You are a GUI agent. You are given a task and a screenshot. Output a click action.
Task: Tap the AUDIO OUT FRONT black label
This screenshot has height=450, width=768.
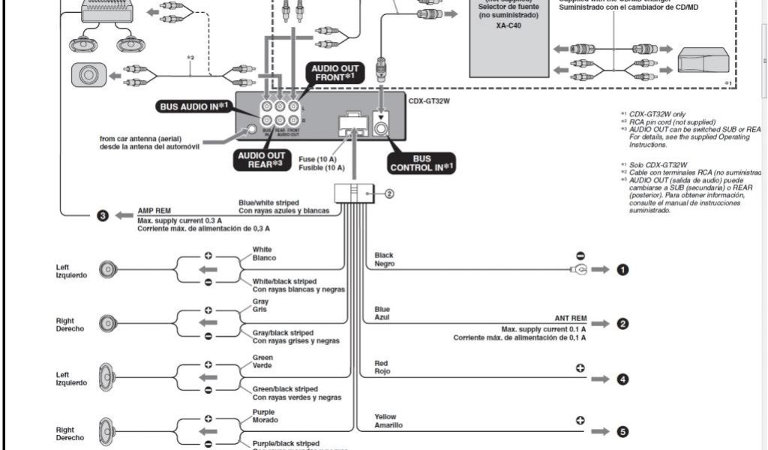coord(334,73)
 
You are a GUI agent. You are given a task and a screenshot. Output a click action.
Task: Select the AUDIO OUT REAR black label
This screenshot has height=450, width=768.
coord(260,160)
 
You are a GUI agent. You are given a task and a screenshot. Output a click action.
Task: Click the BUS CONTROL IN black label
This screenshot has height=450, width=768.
coord(421,163)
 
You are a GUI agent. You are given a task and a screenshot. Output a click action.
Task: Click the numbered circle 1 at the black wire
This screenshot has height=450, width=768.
coord(622,270)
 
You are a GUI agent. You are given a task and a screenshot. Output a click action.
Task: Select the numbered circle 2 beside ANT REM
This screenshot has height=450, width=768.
coord(622,324)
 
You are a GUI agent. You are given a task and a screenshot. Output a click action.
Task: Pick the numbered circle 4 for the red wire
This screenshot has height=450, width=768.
coord(622,379)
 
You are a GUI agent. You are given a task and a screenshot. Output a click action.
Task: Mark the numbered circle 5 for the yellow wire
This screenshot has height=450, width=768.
coord(622,432)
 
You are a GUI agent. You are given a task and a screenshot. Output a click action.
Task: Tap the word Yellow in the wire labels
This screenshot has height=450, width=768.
coord(385,416)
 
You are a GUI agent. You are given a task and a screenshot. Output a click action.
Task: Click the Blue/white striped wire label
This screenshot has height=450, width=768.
coord(268,202)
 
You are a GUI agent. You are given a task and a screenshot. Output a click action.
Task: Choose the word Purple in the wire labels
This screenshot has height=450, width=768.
coord(263,412)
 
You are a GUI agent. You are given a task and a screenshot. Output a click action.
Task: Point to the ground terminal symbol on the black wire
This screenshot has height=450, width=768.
coord(579,270)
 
